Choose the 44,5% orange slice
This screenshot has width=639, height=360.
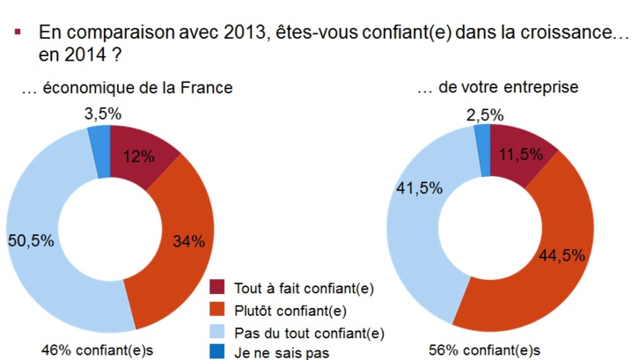tap(549, 255)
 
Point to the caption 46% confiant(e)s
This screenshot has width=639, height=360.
tap(92, 349)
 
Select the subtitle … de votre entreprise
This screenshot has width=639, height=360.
tap(496, 89)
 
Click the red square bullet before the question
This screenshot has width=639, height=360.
tap(18, 33)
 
